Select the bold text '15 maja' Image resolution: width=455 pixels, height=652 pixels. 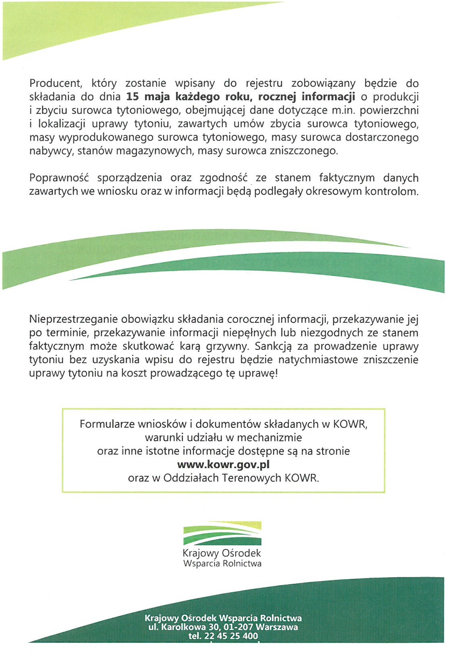click(148, 97)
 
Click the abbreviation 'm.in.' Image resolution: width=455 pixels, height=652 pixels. click(343, 110)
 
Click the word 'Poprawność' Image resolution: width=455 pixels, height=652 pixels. click(59, 178)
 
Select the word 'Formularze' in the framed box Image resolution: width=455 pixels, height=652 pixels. click(107, 424)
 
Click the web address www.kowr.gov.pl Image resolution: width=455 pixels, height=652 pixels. click(223, 465)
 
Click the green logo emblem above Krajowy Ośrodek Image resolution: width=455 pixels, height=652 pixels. click(222, 533)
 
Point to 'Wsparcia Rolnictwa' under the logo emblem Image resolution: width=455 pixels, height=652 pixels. click(222, 564)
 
